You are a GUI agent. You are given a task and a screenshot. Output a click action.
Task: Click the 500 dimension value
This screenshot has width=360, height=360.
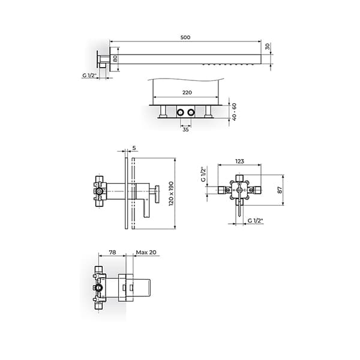tap(185, 37)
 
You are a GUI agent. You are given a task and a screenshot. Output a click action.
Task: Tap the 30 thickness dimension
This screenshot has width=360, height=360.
tap(267, 46)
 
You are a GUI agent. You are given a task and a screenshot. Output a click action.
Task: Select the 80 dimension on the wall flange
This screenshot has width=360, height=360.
tap(115, 59)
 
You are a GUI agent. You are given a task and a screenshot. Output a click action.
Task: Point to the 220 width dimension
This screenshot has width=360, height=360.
tap(187, 92)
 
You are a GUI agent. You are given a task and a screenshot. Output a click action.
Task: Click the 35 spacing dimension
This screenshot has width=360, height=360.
tap(185, 130)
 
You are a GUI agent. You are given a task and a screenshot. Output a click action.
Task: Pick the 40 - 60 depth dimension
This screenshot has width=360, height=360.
tap(234, 112)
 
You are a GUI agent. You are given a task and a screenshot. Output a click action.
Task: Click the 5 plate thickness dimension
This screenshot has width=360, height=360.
tap(134, 148)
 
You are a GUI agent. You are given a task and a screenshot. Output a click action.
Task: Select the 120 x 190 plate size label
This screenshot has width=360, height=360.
tap(171, 194)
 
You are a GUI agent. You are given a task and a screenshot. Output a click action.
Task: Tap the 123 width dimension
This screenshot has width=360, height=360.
tap(239, 161)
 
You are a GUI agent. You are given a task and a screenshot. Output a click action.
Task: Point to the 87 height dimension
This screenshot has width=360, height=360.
tap(280, 190)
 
